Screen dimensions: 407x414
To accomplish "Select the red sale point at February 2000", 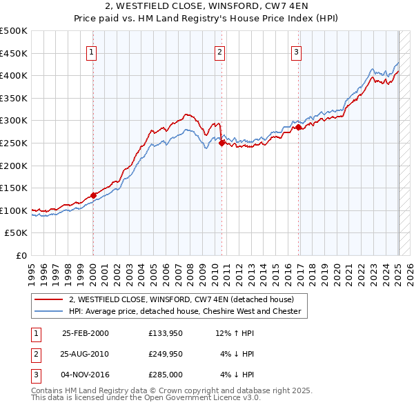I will (x=93, y=195).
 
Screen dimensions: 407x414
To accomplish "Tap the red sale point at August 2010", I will (x=221, y=143).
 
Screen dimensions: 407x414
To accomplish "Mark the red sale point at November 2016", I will (x=298, y=128).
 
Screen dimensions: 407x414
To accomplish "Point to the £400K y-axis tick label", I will (x=14, y=75).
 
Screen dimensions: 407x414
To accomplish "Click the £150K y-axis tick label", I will (x=14, y=188).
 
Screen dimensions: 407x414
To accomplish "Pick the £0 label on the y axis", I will (x=21, y=255).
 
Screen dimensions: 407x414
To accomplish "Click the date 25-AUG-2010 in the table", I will (x=86, y=354).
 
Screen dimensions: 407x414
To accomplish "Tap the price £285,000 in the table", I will (x=166, y=375).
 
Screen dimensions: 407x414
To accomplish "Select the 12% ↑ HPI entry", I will (x=235, y=333).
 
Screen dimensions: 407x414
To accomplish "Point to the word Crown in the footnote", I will (x=171, y=390).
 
